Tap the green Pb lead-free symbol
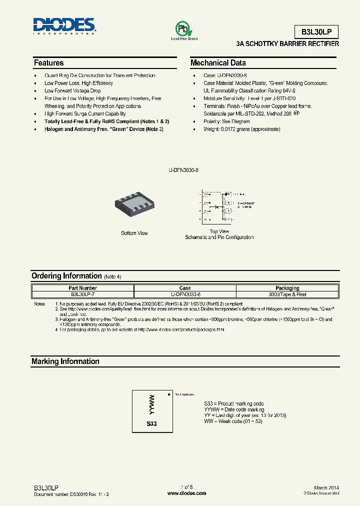click(184, 28)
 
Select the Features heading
click(48, 63)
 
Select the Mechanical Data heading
click(218, 63)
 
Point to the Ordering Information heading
click(66, 276)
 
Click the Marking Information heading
click(65, 361)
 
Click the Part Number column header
click(83, 288)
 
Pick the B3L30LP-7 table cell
click(83, 294)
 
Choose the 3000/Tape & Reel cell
click(287, 294)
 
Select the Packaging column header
click(287, 288)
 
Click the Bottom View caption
click(134, 233)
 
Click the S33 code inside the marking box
click(152, 423)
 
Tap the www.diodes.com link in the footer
click(186, 493)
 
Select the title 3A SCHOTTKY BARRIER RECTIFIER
click(287, 44)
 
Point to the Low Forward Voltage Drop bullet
click(72, 91)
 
